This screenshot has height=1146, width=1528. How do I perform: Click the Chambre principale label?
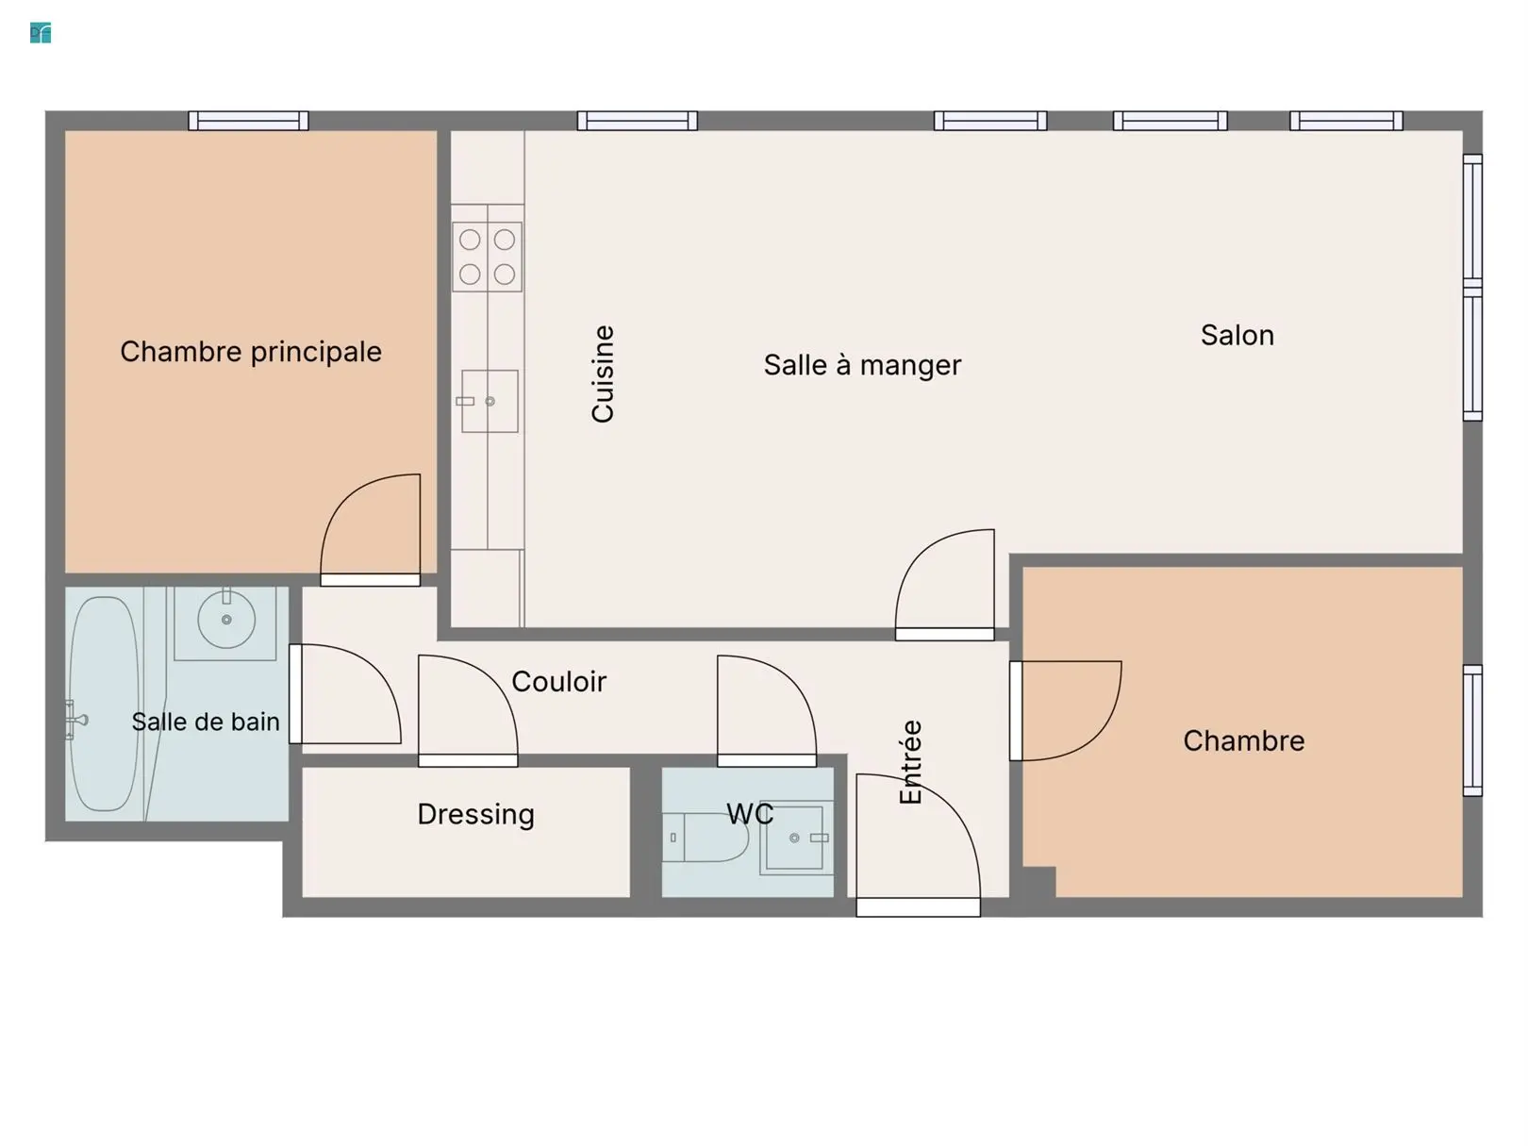pyautogui.click(x=251, y=352)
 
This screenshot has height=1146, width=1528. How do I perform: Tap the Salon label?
pyautogui.click(x=1237, y=336)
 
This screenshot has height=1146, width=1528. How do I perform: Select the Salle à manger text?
pyautogui.click(x=862, y=365)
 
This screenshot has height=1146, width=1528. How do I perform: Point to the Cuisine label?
pyautogui.click(x=602, y=374)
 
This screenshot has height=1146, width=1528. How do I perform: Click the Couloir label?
pyautogui.click(x=559, y=682)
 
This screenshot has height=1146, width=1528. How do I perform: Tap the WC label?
pyautogui.click(x=750, y=813)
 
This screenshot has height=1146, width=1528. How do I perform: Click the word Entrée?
pyautogui.click(x=910, y=762)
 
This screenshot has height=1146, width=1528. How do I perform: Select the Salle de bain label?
pyautogui.click(x=206, y=722)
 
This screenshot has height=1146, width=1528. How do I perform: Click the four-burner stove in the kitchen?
pyautogui.click(x=488, y=257)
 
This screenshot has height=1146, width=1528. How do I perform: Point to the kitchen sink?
pyautogui.click(x=490, y=402)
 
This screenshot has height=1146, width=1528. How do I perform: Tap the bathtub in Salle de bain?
pyautogui.click(x=105, y=704)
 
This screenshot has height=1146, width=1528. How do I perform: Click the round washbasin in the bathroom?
pyautogui.click(x=226, y=620)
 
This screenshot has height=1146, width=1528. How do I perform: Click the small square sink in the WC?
pyautogui.click(x=794, y=838)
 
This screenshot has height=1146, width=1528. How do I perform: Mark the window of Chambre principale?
pyautogui.click(x=248, y=121)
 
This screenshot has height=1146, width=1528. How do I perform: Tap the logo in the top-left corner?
pyautogui.click(x=41, y=33)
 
